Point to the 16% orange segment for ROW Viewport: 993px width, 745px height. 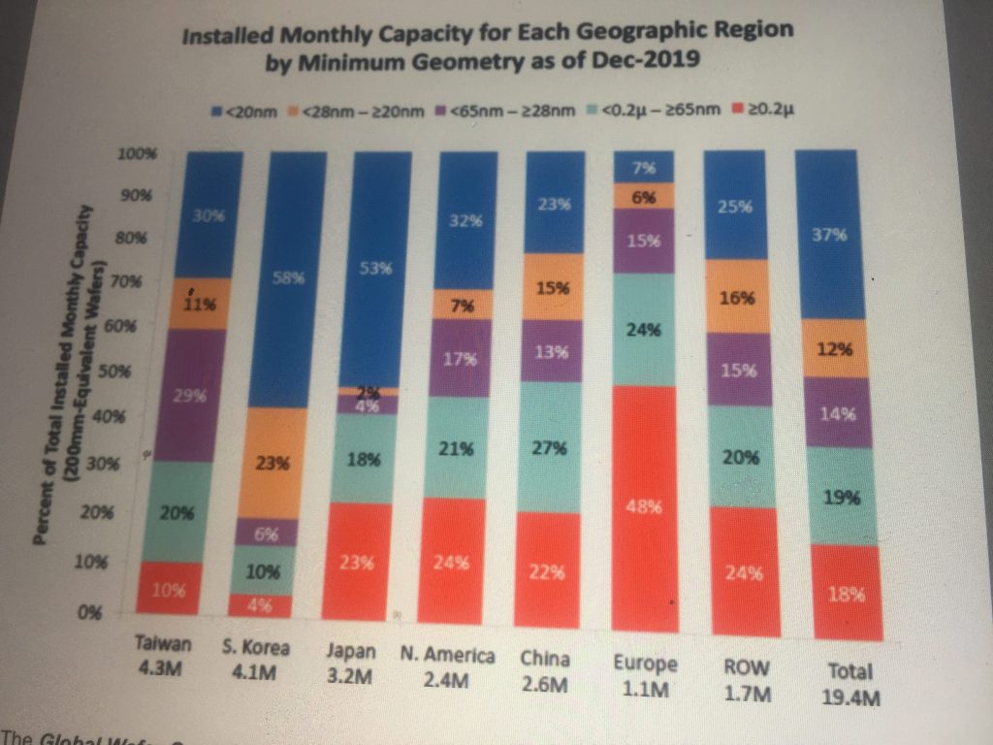pos(737,298)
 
